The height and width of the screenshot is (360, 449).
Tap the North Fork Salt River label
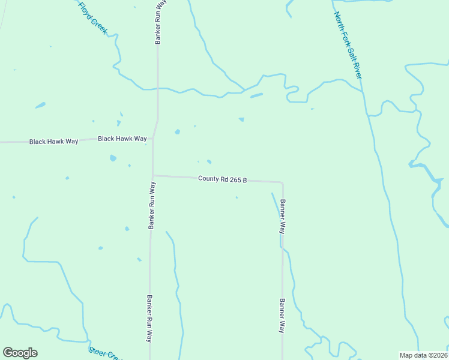(348, 45)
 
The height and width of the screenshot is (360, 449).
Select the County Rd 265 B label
(223, 179)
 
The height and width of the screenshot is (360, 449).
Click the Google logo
(20, 353)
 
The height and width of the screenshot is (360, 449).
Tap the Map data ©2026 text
(423, 355)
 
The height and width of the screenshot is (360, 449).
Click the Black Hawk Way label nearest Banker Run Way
(122, 139)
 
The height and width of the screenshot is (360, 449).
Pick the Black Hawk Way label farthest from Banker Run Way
(54, 142)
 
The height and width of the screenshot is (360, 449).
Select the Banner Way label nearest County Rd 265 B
(282, 216)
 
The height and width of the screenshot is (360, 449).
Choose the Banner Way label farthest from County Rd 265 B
(282, 316)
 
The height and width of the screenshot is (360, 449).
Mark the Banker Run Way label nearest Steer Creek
(149, 318)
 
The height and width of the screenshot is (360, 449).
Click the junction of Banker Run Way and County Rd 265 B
(152, 175)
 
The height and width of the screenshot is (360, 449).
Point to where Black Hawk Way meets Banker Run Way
(153, 137)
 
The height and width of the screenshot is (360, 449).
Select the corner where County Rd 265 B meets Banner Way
(282, 182)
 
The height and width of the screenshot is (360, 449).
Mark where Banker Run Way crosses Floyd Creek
(157, 88)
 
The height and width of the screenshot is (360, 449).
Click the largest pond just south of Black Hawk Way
(113, 158)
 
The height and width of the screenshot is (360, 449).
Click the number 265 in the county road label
(234, 179)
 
